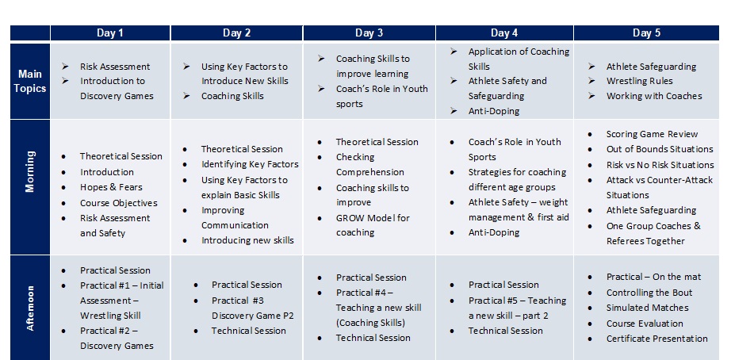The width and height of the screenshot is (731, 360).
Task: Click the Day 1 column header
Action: [110, 33]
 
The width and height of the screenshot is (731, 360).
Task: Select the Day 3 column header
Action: [369, 33]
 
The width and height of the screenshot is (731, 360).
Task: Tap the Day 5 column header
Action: [646, 33]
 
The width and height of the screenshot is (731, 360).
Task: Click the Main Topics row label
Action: [29, 81]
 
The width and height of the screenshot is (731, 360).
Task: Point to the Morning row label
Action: [29, 187]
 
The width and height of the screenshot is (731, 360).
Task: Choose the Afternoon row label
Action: [29, 308]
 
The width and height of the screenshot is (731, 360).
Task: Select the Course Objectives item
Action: [118, 203]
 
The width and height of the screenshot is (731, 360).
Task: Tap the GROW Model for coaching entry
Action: [373, 225]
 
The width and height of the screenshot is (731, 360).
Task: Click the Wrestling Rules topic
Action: [639, 81]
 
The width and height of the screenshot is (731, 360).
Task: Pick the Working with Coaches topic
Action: [654, 96]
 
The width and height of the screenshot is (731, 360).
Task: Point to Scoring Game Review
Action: [652, 134]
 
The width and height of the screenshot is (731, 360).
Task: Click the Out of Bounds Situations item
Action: [660, 149]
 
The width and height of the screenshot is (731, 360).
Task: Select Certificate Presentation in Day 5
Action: [656, 339]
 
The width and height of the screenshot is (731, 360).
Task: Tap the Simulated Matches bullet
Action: [647, 308]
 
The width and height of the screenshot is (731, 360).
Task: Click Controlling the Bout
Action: [649, 293]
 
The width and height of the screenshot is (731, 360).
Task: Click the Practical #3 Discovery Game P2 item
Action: [247, 308]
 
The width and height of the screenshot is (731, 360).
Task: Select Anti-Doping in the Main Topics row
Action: [493, 111]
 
